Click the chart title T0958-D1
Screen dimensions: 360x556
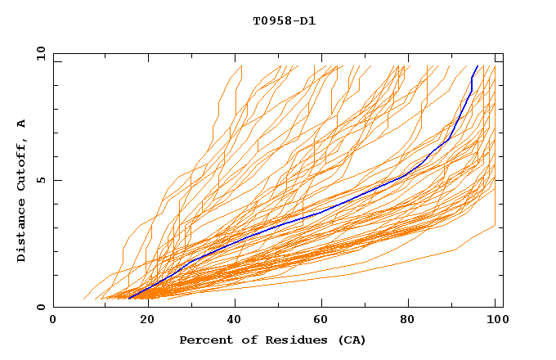(284, 20)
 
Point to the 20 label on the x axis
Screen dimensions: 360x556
(146, 320)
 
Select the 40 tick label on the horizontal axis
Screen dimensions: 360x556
(234, 320)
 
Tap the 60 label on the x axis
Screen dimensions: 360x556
(322, 320)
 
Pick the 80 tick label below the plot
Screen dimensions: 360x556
(410, 320)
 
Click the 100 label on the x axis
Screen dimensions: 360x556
(495, 320)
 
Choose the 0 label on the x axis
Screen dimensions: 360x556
(54, 320)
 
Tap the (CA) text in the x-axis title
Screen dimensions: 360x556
(351, 340)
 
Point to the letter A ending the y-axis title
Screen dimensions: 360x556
(21, 123)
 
